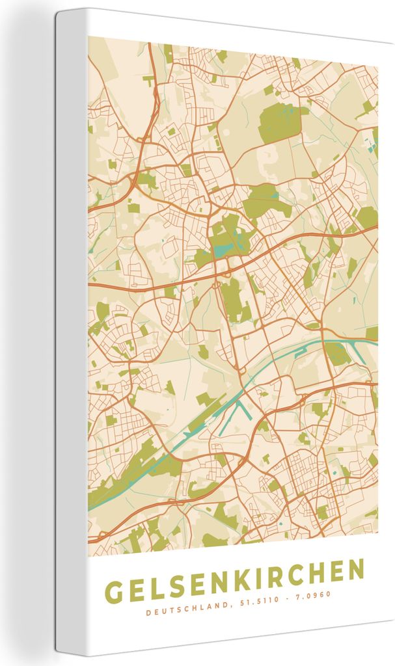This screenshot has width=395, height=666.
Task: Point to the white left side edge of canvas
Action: (x=72, y=325)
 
